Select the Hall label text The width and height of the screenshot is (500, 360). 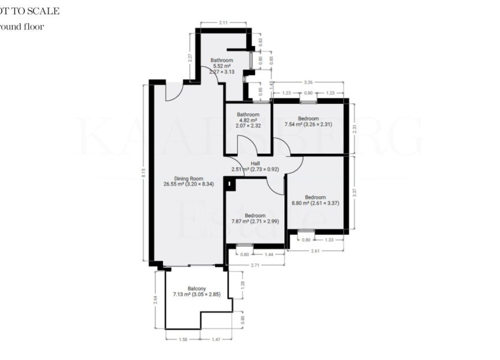(255, 164)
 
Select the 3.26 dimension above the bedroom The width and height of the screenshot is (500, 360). (309, 83)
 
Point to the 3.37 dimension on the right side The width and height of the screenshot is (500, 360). (354, 193)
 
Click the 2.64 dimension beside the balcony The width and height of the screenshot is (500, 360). (155, 299)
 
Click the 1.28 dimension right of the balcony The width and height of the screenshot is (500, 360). (242, 284)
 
